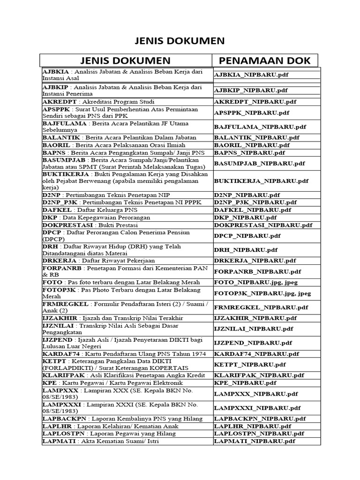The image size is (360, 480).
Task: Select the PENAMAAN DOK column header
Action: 265,60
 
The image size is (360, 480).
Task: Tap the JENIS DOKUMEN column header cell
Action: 125,60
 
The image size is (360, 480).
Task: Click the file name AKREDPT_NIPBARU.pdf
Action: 255,102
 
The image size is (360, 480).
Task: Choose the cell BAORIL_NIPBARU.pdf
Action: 251,145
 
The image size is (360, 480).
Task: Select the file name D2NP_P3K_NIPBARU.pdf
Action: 255,202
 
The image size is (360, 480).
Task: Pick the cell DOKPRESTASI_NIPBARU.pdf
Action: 263,225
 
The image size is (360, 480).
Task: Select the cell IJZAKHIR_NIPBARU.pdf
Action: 255,318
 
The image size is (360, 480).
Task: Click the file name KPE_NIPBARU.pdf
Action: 247,382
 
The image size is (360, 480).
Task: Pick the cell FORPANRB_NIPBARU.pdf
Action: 257,271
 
